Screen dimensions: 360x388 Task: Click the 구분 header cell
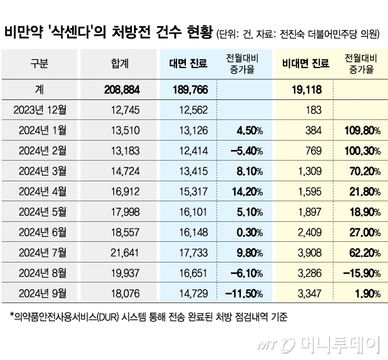(39, 63)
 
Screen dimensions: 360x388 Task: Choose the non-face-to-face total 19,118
(307, 89)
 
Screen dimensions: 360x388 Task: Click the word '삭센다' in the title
(89, 32)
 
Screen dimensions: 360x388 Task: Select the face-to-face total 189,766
(188, 89)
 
